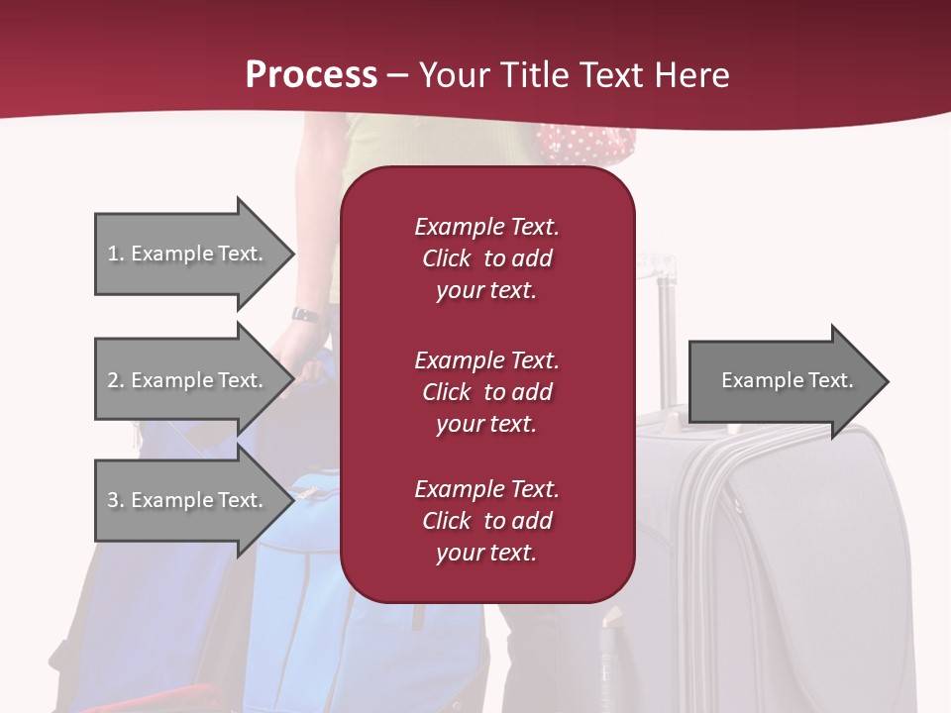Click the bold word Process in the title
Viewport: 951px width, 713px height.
coord(311,75)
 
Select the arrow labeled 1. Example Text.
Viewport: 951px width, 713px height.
coord(188,254)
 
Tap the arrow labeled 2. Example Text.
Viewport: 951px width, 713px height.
coord(188,380)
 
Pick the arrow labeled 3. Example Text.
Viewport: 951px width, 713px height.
coord(188,500)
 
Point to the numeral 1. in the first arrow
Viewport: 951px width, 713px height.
coord(116,254)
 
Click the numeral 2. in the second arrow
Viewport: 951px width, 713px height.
coord(116,380)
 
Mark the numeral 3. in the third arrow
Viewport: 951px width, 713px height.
coord(116,500)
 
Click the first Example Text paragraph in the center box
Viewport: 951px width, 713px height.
coord(486,258)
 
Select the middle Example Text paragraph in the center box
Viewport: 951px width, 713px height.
coord(486,392)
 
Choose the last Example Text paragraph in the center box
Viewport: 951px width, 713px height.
coord(486,521)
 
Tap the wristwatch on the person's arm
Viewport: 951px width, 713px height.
coord(305,314)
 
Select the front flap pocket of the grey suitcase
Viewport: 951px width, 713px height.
coord(812,555)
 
